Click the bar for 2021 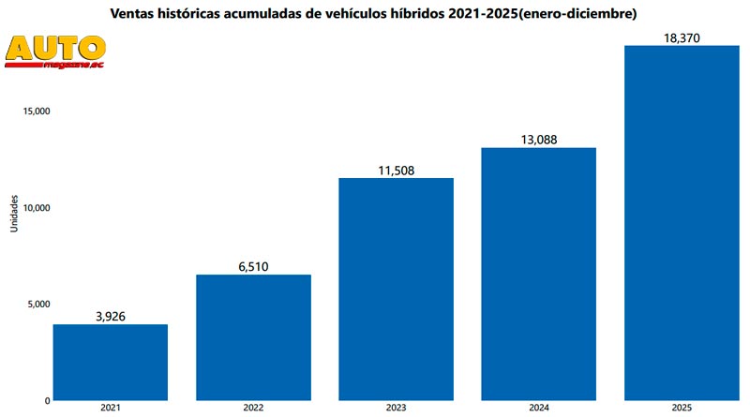tap(111, 362)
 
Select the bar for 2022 tap(253, 337)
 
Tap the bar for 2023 tap(397, 289)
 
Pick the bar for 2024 tap(539, 274)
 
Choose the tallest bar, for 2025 tap(682, 222)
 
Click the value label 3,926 tap(111, 316)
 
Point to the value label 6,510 tap(253, 266)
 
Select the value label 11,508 tap(397, 170)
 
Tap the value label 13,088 tap(539, 140)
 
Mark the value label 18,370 tap(682, 37)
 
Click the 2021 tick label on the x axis tap(111, 409)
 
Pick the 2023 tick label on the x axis tap(397, 409)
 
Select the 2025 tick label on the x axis tap(682, 409)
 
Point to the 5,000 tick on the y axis tap(34, 304)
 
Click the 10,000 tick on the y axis tap(32, 207)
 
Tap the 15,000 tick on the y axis tap(32, 111)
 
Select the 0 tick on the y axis tap(45, 400)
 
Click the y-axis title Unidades tap(14, 213)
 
